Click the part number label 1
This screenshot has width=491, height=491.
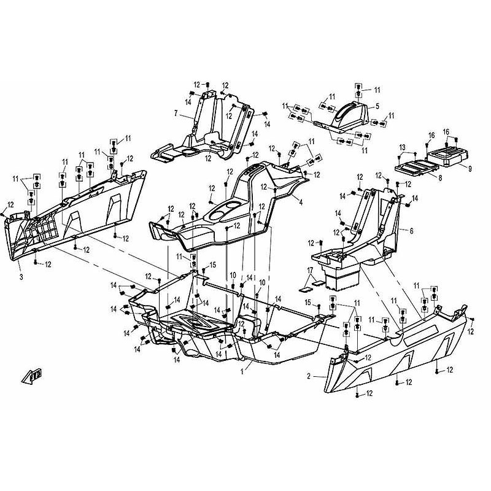click(x=242, y=372)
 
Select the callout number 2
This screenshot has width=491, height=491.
click(x=309, y=376)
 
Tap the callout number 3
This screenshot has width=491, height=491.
click(x=21, y=277)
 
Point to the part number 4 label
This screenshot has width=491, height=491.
click(x=301, y=203)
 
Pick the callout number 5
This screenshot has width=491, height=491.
click(x=377, y=106)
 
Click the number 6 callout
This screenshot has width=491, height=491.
click(x=411, y=231)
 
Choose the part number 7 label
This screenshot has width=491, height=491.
click(x=176, y=113)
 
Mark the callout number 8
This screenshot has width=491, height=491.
click(x=440, y=179)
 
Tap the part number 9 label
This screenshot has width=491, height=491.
click(x=470, y=169)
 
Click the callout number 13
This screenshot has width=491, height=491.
click(x=403, y=147)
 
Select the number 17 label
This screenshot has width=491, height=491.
click(x=310, y=270)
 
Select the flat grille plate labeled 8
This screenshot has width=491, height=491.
click(x=416, y=167)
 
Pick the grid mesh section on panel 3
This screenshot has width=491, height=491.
click(x=40, y=228)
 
